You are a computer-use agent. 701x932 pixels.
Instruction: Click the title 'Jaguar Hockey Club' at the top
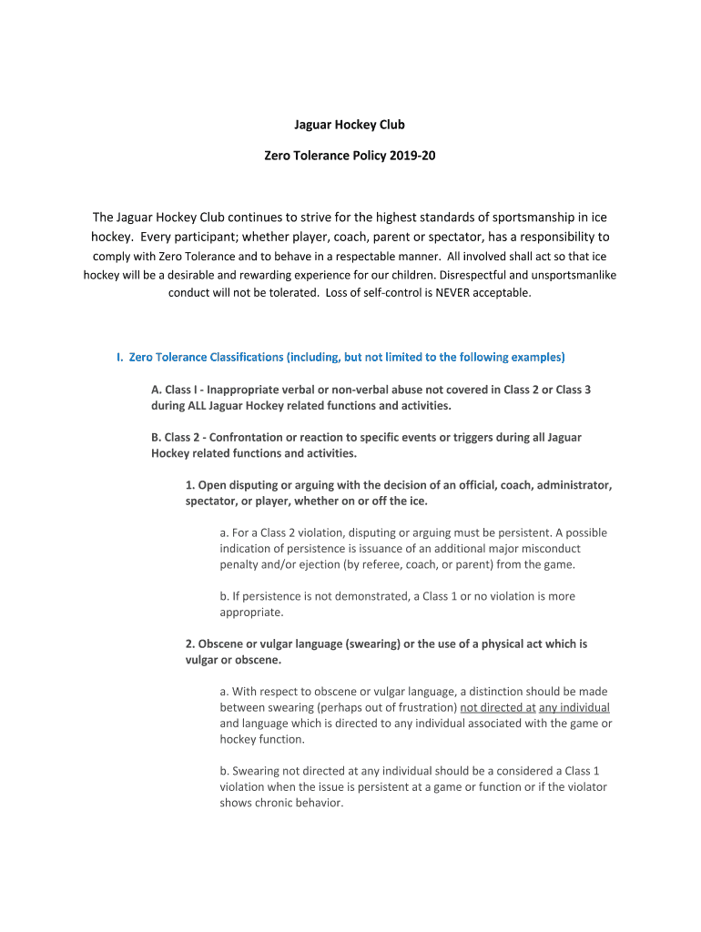click(x=350, y=125)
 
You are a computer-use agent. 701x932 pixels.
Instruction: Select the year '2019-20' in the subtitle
click(x=413, y=157)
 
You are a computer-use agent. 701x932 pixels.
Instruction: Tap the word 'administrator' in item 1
click(x=574, y=485)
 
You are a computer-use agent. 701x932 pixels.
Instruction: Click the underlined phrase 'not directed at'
click(x=498, y=707)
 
